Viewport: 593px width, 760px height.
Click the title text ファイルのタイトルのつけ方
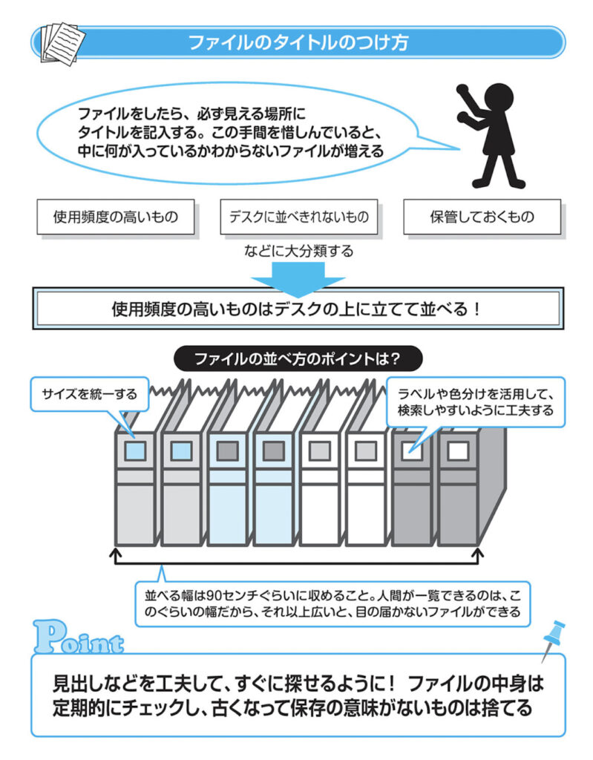coord(298,42)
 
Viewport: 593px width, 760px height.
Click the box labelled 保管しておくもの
coord(482,217)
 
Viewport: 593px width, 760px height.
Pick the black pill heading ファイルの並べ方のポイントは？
coord(298,359)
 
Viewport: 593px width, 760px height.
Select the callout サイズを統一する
coord(89,393)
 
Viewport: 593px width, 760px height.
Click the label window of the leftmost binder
coord(134,450)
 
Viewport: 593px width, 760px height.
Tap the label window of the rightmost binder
coord(457,450)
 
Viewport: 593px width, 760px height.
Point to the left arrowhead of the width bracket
coord(115,553)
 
